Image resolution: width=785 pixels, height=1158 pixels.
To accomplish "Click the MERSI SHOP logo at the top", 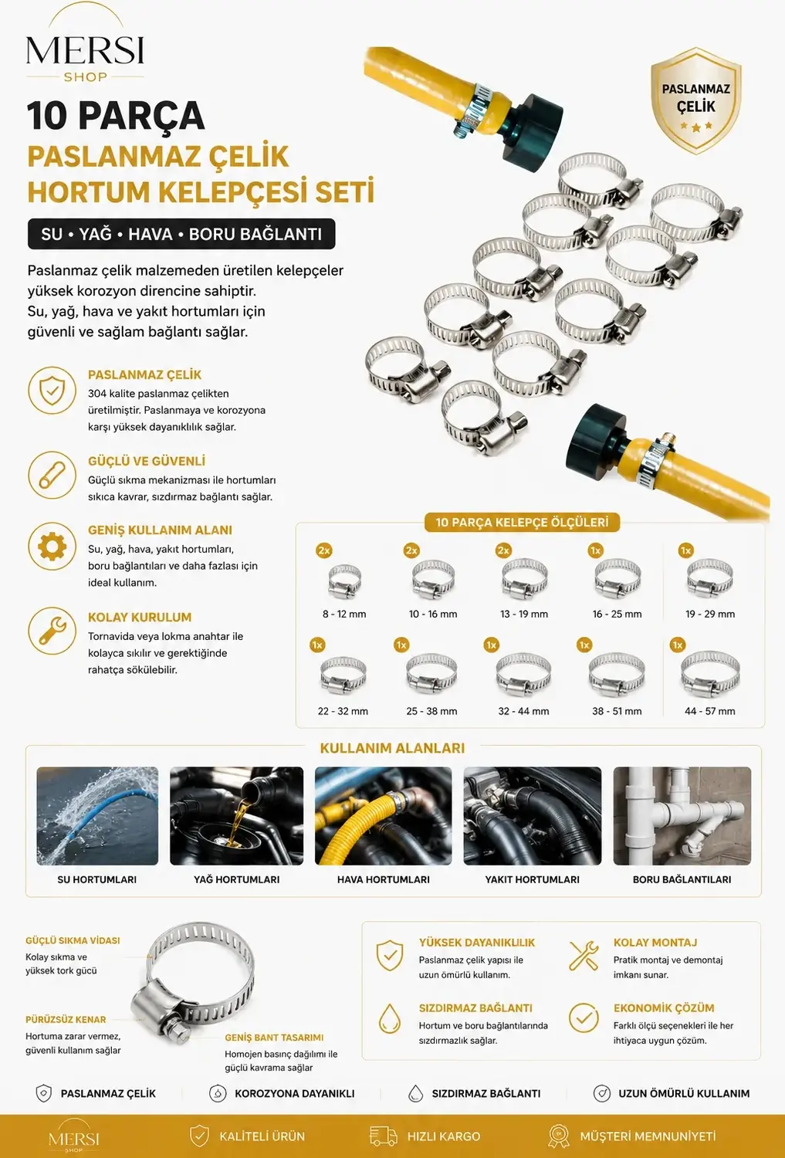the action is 85,44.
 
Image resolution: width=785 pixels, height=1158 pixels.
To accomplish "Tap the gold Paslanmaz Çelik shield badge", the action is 695,100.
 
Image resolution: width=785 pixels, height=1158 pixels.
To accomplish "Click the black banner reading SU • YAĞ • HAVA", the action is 181,234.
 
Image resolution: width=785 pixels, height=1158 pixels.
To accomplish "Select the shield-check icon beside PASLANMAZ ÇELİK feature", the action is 52,391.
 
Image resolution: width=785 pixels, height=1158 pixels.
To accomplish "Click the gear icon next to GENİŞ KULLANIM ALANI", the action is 52,547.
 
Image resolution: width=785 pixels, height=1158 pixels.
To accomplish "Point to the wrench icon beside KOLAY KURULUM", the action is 52,631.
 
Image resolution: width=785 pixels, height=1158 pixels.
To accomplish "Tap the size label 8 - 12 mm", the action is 344,615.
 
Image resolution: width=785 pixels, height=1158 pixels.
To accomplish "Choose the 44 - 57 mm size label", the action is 709,711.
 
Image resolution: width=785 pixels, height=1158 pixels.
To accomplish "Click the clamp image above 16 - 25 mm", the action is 617,579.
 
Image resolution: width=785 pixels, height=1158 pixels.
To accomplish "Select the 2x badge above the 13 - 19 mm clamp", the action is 503,550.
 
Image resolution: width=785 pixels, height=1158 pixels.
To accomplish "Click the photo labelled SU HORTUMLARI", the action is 97,816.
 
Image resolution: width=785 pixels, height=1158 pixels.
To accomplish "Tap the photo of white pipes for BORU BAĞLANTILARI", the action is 682,816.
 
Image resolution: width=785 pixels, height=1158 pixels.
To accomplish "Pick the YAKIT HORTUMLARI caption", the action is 533,879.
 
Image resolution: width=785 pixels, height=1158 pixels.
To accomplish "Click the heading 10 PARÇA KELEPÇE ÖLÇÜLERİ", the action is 522,522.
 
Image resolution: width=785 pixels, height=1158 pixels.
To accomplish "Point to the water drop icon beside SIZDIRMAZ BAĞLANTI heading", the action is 390,1018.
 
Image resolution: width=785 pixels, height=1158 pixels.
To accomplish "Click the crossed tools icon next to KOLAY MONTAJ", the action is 584,956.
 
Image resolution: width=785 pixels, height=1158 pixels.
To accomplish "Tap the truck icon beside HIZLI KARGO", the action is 384,1136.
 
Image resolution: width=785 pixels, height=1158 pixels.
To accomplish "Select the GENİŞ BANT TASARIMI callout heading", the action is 274,1038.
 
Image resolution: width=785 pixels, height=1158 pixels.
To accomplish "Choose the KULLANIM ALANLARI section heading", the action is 392,748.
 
